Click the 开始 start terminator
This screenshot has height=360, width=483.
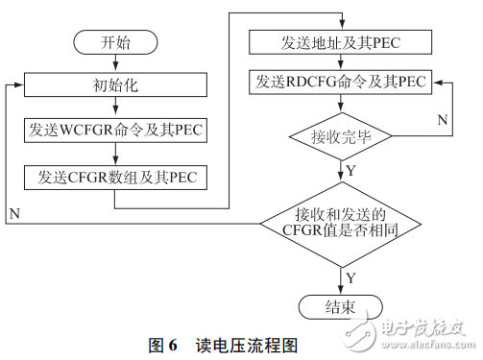pyautogui.click(x=113, y=43)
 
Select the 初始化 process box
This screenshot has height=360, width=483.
pyautogui.click(x=113, y=84)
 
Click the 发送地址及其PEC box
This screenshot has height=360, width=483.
pyautogui.click(x=341, y=42)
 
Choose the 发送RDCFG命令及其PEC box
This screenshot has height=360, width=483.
pyautogui.click(x=341, y=83)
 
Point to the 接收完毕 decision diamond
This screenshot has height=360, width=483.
pyautogui.click(x=341, y=137)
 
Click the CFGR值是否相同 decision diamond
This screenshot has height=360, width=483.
pyautogui.click(x=341, y=224)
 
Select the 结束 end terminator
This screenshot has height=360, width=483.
pyautogui.click(x=341, y=306)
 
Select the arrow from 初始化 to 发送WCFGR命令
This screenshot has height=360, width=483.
pyautogui.click(x=113, y=107)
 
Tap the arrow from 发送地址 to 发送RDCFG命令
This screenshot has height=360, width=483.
pyautogui.click(x=341, y=62)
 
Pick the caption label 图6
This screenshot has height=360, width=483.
pyautogui.click(x=163, y=343)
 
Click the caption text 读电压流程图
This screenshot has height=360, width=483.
pyautogui.click(x=244, y=343)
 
